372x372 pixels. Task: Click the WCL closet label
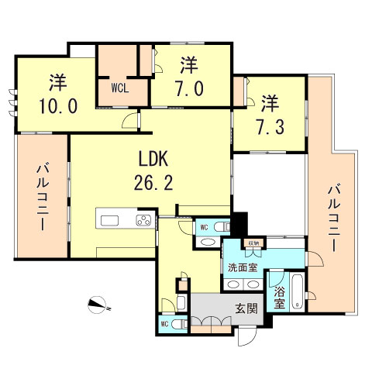coord(120,88)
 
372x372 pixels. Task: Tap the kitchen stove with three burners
coord(144,220)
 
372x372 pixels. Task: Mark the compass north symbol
coord(99,305)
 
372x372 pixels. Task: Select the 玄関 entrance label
coord(246,308)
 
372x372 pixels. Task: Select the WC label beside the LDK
coord(203,227)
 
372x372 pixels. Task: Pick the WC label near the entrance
coord(165,324)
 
